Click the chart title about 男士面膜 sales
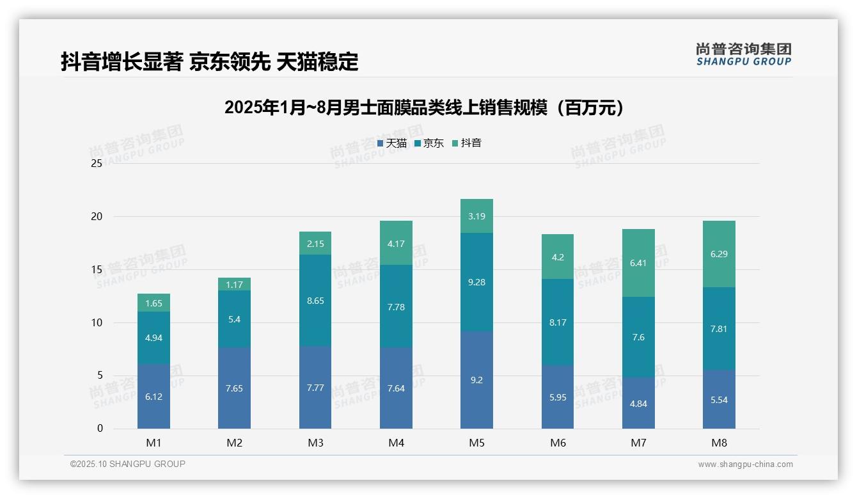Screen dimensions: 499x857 [424, 107]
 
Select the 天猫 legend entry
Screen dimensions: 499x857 [392, 143]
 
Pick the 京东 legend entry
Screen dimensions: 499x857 [429, 143]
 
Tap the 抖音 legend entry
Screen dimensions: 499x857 [467, 143]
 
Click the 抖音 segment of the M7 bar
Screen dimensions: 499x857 [638, 263]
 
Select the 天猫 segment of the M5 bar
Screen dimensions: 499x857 [476, 380]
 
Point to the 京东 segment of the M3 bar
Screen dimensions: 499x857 [315, 301]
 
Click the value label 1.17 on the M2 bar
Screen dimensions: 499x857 [235, 285]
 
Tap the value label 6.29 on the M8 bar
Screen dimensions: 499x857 [719, 254]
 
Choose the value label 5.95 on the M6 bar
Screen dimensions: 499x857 [558, 397]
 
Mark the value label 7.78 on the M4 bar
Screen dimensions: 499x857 [396, 307]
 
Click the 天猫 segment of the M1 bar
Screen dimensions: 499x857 [153, 397]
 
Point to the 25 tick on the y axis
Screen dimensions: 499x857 [97, 164]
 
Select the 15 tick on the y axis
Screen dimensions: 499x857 [97, 270]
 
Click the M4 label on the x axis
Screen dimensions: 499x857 [396, 443]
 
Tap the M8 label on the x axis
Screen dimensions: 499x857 [719, 443]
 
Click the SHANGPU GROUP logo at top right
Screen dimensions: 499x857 [743, 54]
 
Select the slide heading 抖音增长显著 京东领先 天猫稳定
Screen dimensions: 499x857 [209, 62]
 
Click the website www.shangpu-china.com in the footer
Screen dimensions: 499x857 [745, 464]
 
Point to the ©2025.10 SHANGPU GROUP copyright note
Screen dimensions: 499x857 [128, 464]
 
